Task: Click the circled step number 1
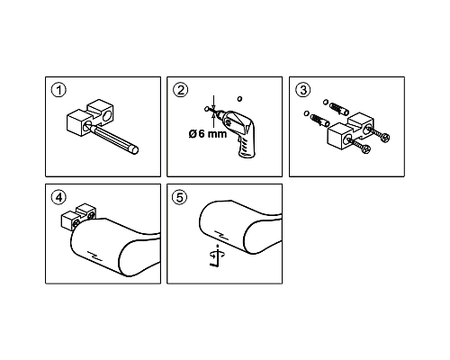(58, 91)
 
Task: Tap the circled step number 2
(181, 90)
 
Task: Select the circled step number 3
(303, 90)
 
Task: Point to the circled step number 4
(58, 197)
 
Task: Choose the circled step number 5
(180, 198)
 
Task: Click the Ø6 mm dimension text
(208, 134)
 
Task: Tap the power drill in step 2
(237, 132)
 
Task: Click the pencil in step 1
(115, 139)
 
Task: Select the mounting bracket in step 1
(89, 118)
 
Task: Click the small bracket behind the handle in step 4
(78, 217)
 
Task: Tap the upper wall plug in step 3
(339, 109)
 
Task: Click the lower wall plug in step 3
(320, 121)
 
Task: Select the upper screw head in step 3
(385, 138)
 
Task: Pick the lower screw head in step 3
(366, 149)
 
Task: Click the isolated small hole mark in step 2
(239, 98)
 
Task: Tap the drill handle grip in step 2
(247, 146)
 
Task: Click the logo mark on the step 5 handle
(222, 236)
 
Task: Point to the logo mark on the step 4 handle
(95, 256)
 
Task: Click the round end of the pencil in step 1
(134, 150)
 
